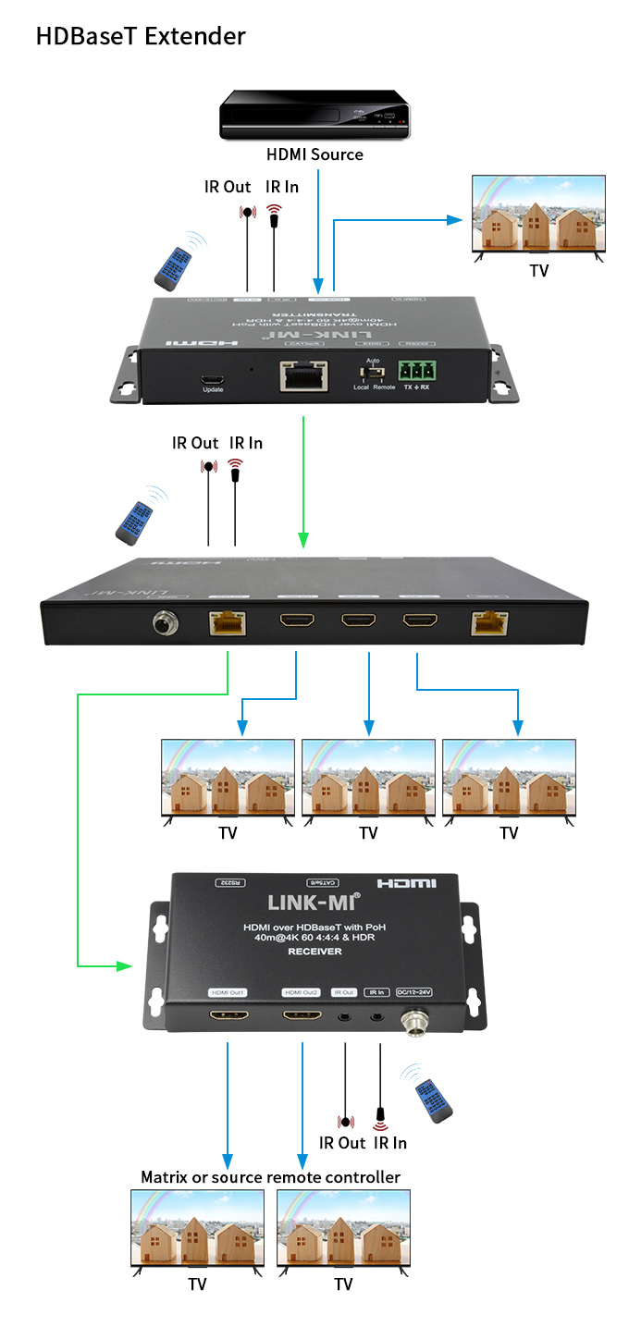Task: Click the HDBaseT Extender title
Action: [x=141, y=36]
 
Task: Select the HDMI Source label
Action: [x=314, y=154]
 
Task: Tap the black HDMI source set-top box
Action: [x=314, y=115]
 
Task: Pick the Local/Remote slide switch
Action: [x=374, y=374]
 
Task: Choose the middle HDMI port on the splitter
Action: [x=359, y=621]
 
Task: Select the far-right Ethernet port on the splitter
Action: [x=488, y=622]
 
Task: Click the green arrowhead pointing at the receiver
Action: [x=123, y=966]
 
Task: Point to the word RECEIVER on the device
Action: [x=314, y=952]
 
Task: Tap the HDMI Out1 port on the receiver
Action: [x=228, y=1016]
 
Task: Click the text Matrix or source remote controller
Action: [x=270, y=1177]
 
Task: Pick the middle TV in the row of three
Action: [x=368, y=776]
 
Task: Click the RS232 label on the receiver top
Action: [x=228, y=882]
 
